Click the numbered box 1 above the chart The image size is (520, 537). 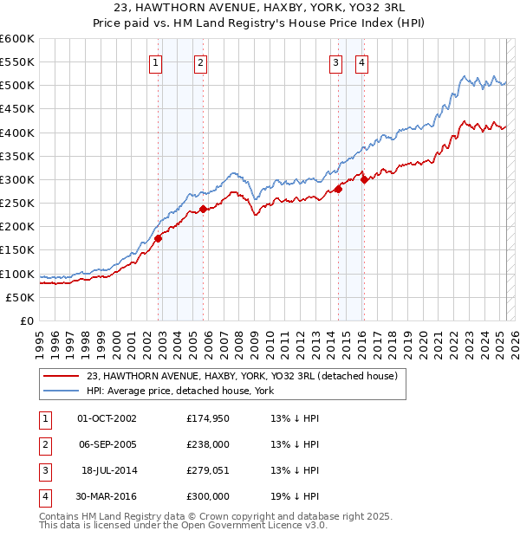155,61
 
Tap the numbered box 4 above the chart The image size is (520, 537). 360,61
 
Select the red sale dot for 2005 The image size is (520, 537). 204,209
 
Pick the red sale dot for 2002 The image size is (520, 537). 159,238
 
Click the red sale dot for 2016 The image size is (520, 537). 364,179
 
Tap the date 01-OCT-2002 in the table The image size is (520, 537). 107,418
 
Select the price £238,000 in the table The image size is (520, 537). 208,444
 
